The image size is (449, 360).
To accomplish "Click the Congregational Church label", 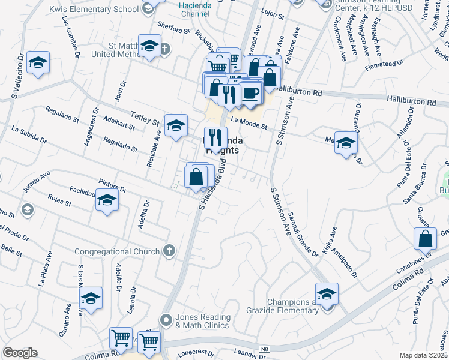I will coord(117,251).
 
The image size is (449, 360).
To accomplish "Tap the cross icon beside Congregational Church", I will coord(169,251).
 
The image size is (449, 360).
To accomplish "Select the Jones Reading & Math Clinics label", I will coord(202,321).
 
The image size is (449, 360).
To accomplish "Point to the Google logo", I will coord(20,352).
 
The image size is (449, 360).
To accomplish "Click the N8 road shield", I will coord(264,349).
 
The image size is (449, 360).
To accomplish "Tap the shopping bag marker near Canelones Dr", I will coord(425,238).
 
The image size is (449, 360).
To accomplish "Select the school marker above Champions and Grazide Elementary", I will coord(327,293).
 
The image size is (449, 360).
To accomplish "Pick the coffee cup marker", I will coord(251,94).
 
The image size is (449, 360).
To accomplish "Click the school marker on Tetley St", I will coord(176,125).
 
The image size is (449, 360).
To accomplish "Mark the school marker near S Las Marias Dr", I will coord(91,298).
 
